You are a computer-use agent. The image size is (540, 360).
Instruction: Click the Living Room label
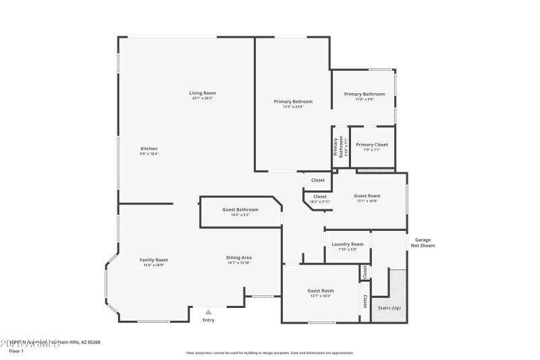point(202,93)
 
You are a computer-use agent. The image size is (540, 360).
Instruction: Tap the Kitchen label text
point(149,149)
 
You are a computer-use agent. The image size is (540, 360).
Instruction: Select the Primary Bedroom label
point(293,101)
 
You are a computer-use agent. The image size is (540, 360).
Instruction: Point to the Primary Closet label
point(372,145)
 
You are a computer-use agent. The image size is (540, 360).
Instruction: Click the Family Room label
point(154,259)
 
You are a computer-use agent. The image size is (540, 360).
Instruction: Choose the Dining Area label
point(239,257)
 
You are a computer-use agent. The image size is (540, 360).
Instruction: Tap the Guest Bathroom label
point(240,209)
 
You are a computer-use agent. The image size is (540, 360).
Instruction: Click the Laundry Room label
point(348,244)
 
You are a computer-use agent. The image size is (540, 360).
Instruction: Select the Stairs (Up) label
point(389,307)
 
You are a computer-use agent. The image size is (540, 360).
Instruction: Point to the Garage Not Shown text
point(423,242)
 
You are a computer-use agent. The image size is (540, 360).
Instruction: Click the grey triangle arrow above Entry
point(209,312)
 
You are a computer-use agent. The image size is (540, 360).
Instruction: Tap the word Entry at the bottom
point(209,320)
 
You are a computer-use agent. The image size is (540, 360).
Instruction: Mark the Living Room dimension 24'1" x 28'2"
point(202,99)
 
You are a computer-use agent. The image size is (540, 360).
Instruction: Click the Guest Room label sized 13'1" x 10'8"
point(367,196)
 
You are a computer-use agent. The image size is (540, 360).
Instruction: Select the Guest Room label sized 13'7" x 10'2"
point(321,290)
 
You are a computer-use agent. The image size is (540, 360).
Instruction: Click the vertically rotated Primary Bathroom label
point(337,147)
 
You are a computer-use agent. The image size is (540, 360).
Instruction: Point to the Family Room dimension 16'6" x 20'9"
point(154,265)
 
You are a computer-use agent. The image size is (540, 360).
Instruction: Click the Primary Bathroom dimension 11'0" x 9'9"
point(364,99)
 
